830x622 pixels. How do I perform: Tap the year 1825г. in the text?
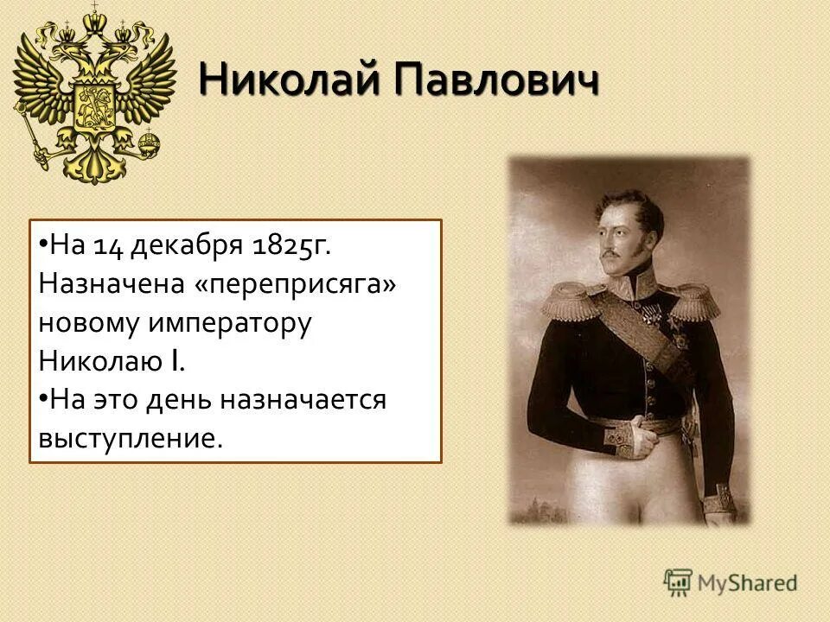click(x=291, y=247)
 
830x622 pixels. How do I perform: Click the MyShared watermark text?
click(x=747, y=582)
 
